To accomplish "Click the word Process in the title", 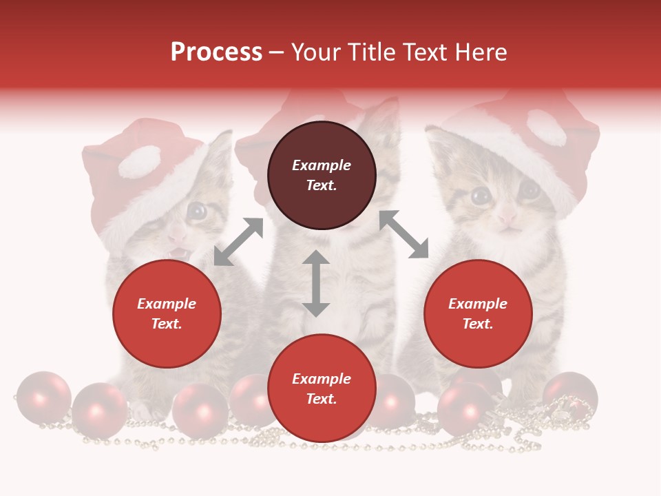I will pos(216,52).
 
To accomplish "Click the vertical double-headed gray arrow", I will pos(316,283).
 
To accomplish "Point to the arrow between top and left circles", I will pos(238,242).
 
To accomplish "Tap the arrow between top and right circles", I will pos(403,234).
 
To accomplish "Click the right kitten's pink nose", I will pos(507,218).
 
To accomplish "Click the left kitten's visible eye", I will pos(198,211).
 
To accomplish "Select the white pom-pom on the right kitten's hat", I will pos(545,127).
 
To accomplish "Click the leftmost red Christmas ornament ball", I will pos(43,397).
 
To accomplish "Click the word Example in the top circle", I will pos(322,165).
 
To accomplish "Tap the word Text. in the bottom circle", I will pos(322,399).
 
